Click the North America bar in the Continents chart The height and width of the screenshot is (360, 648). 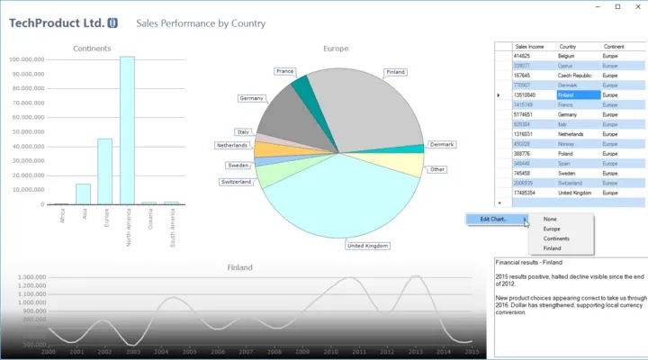[x=127, y=130]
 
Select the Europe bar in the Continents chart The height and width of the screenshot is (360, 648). [x=105, y=171]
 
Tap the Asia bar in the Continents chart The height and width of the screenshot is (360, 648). [x=83, y=193]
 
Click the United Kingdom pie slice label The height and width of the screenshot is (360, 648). [x=367, y=245]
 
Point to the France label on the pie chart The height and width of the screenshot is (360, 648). [x=285, y=71]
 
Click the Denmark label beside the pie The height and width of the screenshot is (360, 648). [x=442, y=144]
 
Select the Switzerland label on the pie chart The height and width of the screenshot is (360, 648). [x=236, y=182]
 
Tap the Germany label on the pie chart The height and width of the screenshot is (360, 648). [x=252, y=98]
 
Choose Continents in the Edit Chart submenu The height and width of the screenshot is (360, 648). [x=555, y=238]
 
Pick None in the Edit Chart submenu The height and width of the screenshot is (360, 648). [x=550, y=219]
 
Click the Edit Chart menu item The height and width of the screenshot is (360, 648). [x=493, y=219]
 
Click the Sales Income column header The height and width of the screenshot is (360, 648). [x=529, y=46]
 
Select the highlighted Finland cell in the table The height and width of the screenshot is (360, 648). [x=577, y=94]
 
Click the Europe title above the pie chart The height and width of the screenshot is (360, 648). [x=336, y=49]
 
